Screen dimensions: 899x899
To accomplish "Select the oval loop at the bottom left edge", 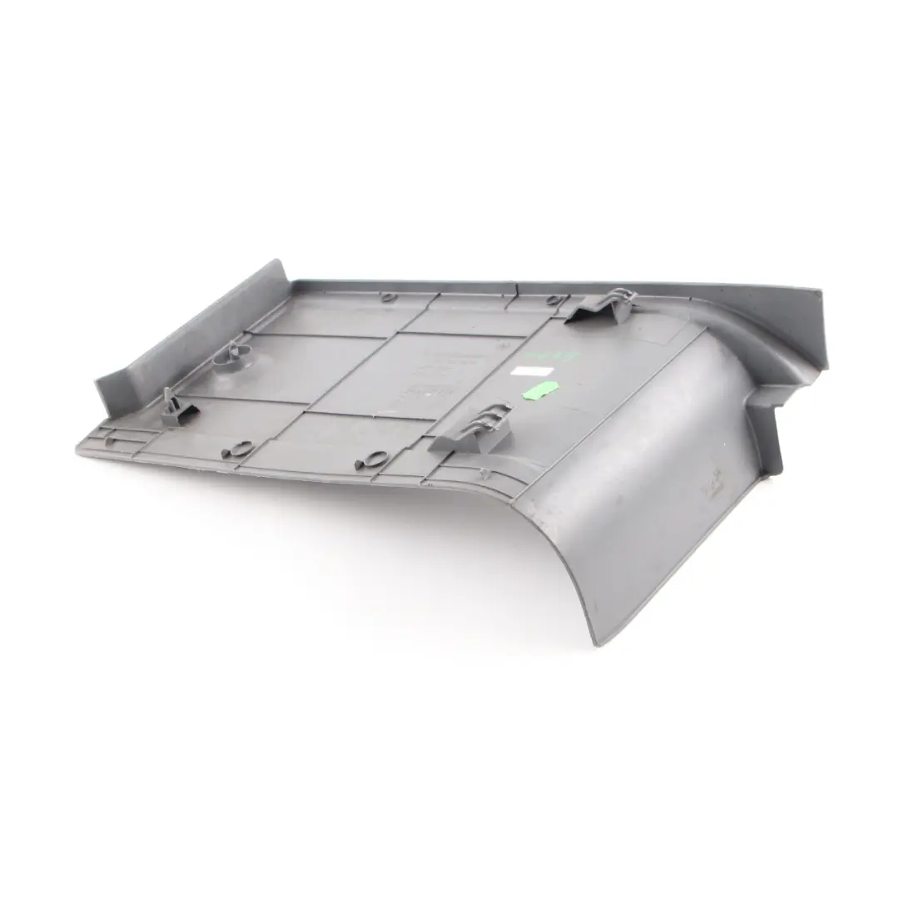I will pos(233,449).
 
